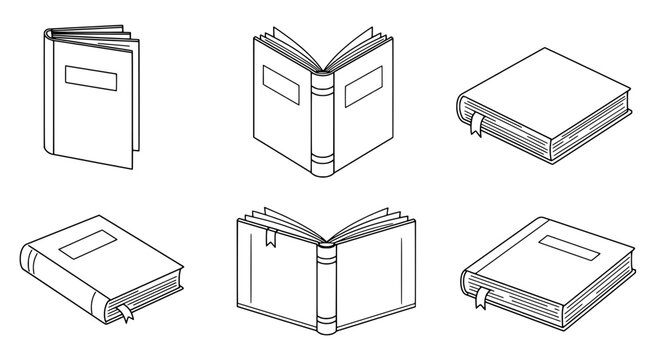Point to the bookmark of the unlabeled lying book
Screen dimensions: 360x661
tap(479, 125)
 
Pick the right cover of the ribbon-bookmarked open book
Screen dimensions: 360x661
tap(372, 285)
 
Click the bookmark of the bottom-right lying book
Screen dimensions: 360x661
tap(482, 297)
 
